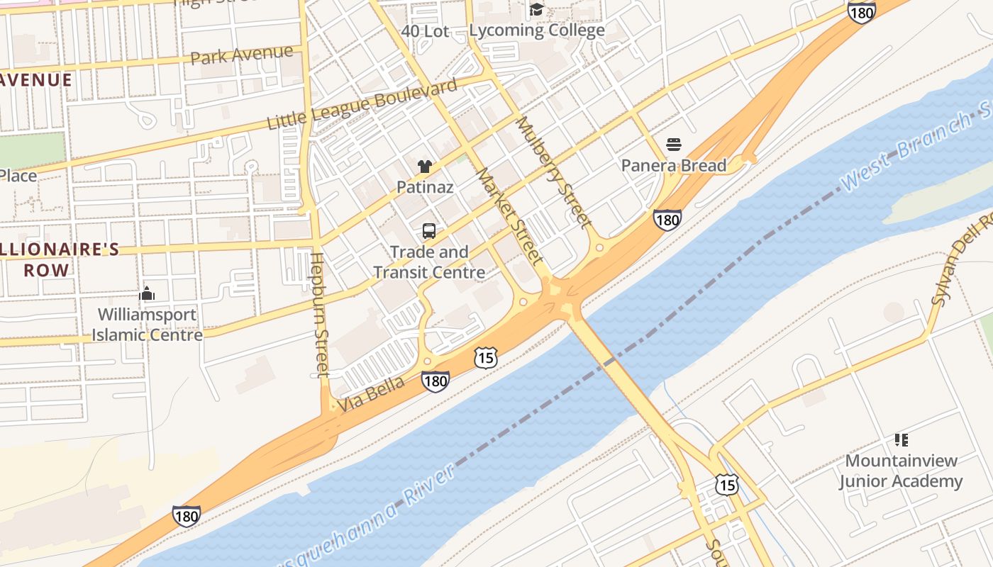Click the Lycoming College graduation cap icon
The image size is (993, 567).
coord(537,9)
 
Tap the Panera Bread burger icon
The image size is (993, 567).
coord(673,145)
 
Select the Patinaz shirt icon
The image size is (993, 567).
coord(425,167)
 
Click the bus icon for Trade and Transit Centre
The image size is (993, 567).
coord(429,230)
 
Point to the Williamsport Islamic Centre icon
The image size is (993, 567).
coord(147,293)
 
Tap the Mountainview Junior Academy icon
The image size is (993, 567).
coord(901,440)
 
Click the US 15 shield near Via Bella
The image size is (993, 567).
coord(485,357)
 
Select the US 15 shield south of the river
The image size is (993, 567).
coord(726,484)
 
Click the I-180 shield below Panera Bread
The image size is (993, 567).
coord(667,220)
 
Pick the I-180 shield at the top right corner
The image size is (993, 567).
coord(861,11)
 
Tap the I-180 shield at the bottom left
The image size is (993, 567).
coord(186,516)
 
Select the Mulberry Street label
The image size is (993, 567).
coord(553,172)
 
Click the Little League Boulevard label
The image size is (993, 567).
coord(362,105)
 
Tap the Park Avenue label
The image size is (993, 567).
coord(242,55)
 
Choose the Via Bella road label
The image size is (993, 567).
coord(371,394)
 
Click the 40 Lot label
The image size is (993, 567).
coord(425,31)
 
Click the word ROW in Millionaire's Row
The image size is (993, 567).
coord(47,270)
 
